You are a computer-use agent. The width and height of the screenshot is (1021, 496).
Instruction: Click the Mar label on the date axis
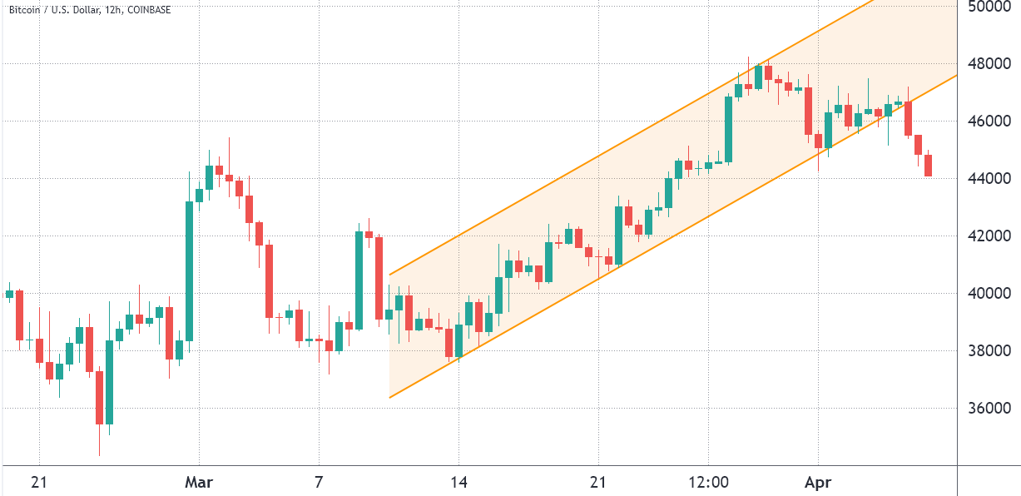pyautogui.click(x=199, y=482)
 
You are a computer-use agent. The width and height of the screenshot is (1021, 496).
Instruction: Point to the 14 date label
pyautogui.click(x=458, y=482)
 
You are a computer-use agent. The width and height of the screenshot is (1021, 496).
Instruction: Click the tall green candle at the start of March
pyautogui.click(x=189, y=270)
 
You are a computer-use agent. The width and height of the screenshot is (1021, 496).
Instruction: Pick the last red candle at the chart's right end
pyautogui.click(x=928, y=165)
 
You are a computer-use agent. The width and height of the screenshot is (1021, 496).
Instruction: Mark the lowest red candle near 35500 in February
pyautogui.click(x=99, y=397)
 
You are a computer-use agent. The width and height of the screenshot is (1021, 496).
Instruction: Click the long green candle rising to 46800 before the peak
pyautogui.click(x=728, y=129)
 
